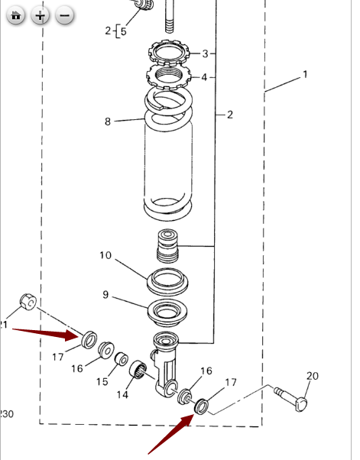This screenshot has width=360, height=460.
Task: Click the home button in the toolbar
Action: (x=17, y=15)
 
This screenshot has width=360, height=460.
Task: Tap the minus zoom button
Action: (x=65, y=15)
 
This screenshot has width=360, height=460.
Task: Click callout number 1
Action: (x=305, y=75)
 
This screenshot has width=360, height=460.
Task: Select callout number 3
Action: (x=205, y=53)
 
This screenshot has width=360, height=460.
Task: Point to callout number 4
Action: (x=205, y=77)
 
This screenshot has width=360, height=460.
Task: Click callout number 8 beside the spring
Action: (x=108, y=121)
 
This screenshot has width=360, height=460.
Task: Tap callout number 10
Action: (x=105, y=255)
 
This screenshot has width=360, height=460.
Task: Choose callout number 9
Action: (x=105, y=294)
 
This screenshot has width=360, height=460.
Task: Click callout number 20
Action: (x=311, y=375)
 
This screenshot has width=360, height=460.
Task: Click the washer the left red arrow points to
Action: (x=89, y=337)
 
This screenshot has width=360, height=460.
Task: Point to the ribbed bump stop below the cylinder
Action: (x=167, y=246)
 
